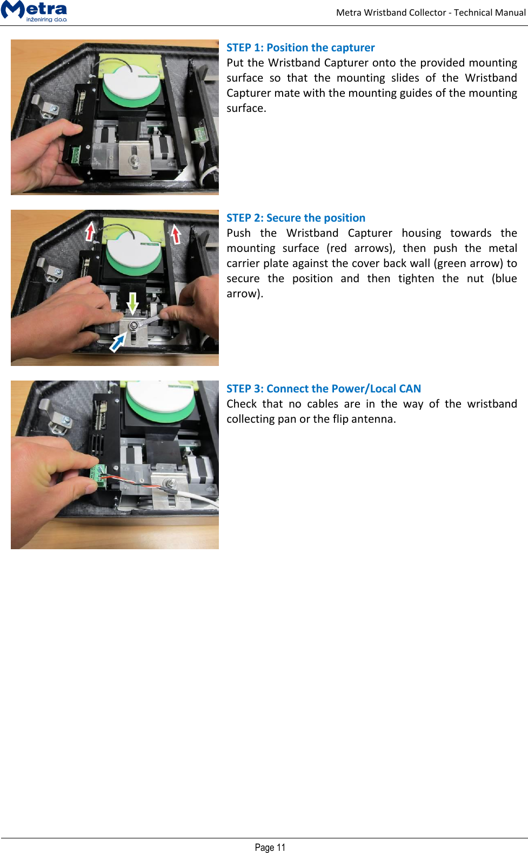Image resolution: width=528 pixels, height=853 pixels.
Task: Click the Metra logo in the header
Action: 35,11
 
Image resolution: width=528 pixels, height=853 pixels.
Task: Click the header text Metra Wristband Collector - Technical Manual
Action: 430,12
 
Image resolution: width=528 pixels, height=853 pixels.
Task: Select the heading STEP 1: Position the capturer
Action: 300,48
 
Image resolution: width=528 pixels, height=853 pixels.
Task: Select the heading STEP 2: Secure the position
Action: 296,218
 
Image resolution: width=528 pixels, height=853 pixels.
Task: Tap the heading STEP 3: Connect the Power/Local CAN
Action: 323,389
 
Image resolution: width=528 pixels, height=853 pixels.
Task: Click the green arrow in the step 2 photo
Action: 132,303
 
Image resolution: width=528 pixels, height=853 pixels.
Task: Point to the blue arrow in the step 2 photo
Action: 117,342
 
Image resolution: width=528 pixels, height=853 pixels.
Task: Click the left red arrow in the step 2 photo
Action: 90,231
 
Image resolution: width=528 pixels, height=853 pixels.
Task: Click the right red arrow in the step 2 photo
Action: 176,234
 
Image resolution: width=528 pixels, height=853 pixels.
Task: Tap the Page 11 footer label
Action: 270,847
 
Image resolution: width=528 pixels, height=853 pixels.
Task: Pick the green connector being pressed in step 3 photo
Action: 99,476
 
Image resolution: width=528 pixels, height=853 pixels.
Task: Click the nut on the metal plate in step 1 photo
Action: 133,160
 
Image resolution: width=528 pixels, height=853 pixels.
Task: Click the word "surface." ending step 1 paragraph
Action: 246,108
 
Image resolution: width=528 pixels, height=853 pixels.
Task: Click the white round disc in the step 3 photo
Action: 160,399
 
